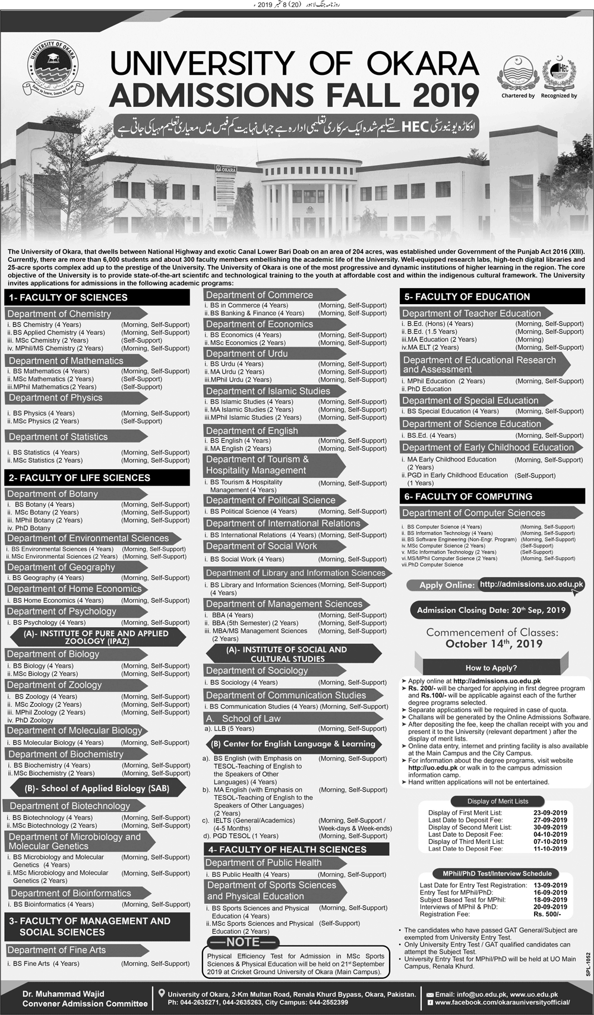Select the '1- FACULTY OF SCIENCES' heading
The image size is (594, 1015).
(67, 298)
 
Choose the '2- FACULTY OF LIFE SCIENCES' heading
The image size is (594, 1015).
(79, 478)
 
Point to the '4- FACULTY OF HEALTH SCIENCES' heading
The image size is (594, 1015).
(287, 849)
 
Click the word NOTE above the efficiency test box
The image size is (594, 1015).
(243, 942)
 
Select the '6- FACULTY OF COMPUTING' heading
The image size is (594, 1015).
(468, 497)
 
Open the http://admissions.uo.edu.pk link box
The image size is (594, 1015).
(531, 584)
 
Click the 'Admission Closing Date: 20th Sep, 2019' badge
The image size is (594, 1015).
(491, 610)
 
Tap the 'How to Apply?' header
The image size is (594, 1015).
(491, 668)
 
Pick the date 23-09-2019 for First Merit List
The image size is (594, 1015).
(551, 812)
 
